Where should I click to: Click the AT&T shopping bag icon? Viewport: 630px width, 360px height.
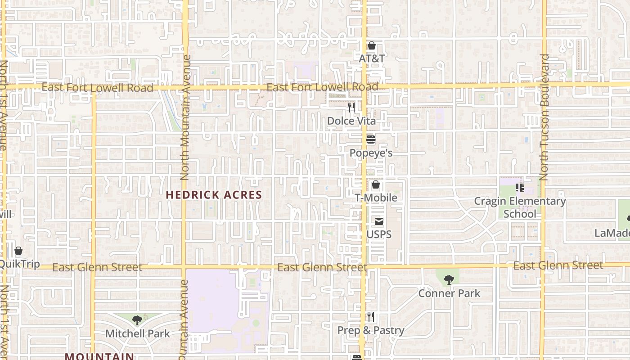click(372, 45)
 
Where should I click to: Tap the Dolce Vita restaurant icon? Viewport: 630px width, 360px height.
click(351, 108)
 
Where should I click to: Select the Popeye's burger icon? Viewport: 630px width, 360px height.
click(371, 139)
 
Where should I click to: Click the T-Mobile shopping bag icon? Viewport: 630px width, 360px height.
click(376, 184)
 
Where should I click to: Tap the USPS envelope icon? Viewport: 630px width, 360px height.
click(379, 221)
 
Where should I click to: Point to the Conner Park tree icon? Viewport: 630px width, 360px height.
click(449, 280)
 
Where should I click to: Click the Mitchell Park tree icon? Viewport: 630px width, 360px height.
click(137, 320)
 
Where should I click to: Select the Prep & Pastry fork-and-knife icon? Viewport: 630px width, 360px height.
click(371, 317)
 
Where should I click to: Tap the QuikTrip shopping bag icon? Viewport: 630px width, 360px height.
click(18, 251)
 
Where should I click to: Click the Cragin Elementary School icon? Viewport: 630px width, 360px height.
click(520, 188)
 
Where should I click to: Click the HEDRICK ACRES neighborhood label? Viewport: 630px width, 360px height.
click(214, 195)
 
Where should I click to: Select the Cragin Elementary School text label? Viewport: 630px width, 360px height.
click(520, 207)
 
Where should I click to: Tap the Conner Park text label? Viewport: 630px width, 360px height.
click(449, 293)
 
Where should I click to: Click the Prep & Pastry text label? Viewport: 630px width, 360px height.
click(371, 330)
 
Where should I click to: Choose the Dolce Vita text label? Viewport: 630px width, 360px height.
click(351, 121)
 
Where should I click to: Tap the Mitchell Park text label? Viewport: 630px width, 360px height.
click(137, 333)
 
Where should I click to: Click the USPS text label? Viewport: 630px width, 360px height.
click(379, 234)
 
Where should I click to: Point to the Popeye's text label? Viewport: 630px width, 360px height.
click(371, 153)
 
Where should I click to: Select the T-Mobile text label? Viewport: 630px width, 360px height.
click(376, 198)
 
